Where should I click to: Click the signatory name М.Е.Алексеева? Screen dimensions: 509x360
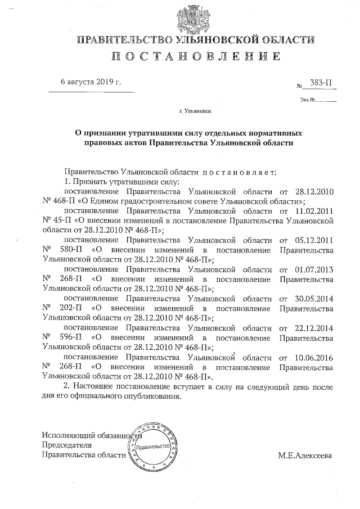click(305, 454)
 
